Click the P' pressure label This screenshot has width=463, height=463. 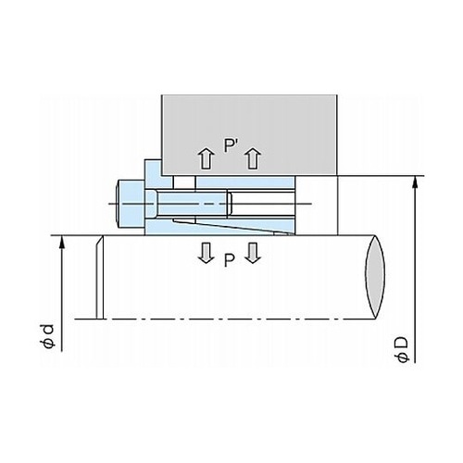[230, 145]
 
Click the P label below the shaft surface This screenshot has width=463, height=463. [229, 260]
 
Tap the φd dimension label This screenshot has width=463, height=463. [47, 336]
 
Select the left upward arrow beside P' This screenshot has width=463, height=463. [206, 158]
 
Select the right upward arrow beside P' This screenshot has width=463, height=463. [253, 158]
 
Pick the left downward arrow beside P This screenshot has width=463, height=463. [206, 253]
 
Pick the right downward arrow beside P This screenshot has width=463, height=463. [253, 253]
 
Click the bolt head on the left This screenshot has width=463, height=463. [131, 204]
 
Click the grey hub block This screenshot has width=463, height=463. [249, 134]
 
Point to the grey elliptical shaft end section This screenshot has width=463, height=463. [375, 277]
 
